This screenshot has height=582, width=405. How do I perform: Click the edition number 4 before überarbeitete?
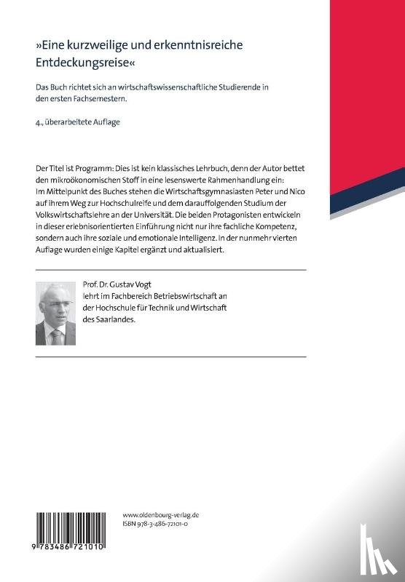(x=38, y=121)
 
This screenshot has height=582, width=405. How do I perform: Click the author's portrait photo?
(x=55, y=314)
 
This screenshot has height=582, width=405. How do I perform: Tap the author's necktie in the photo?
(x=55, y=336)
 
